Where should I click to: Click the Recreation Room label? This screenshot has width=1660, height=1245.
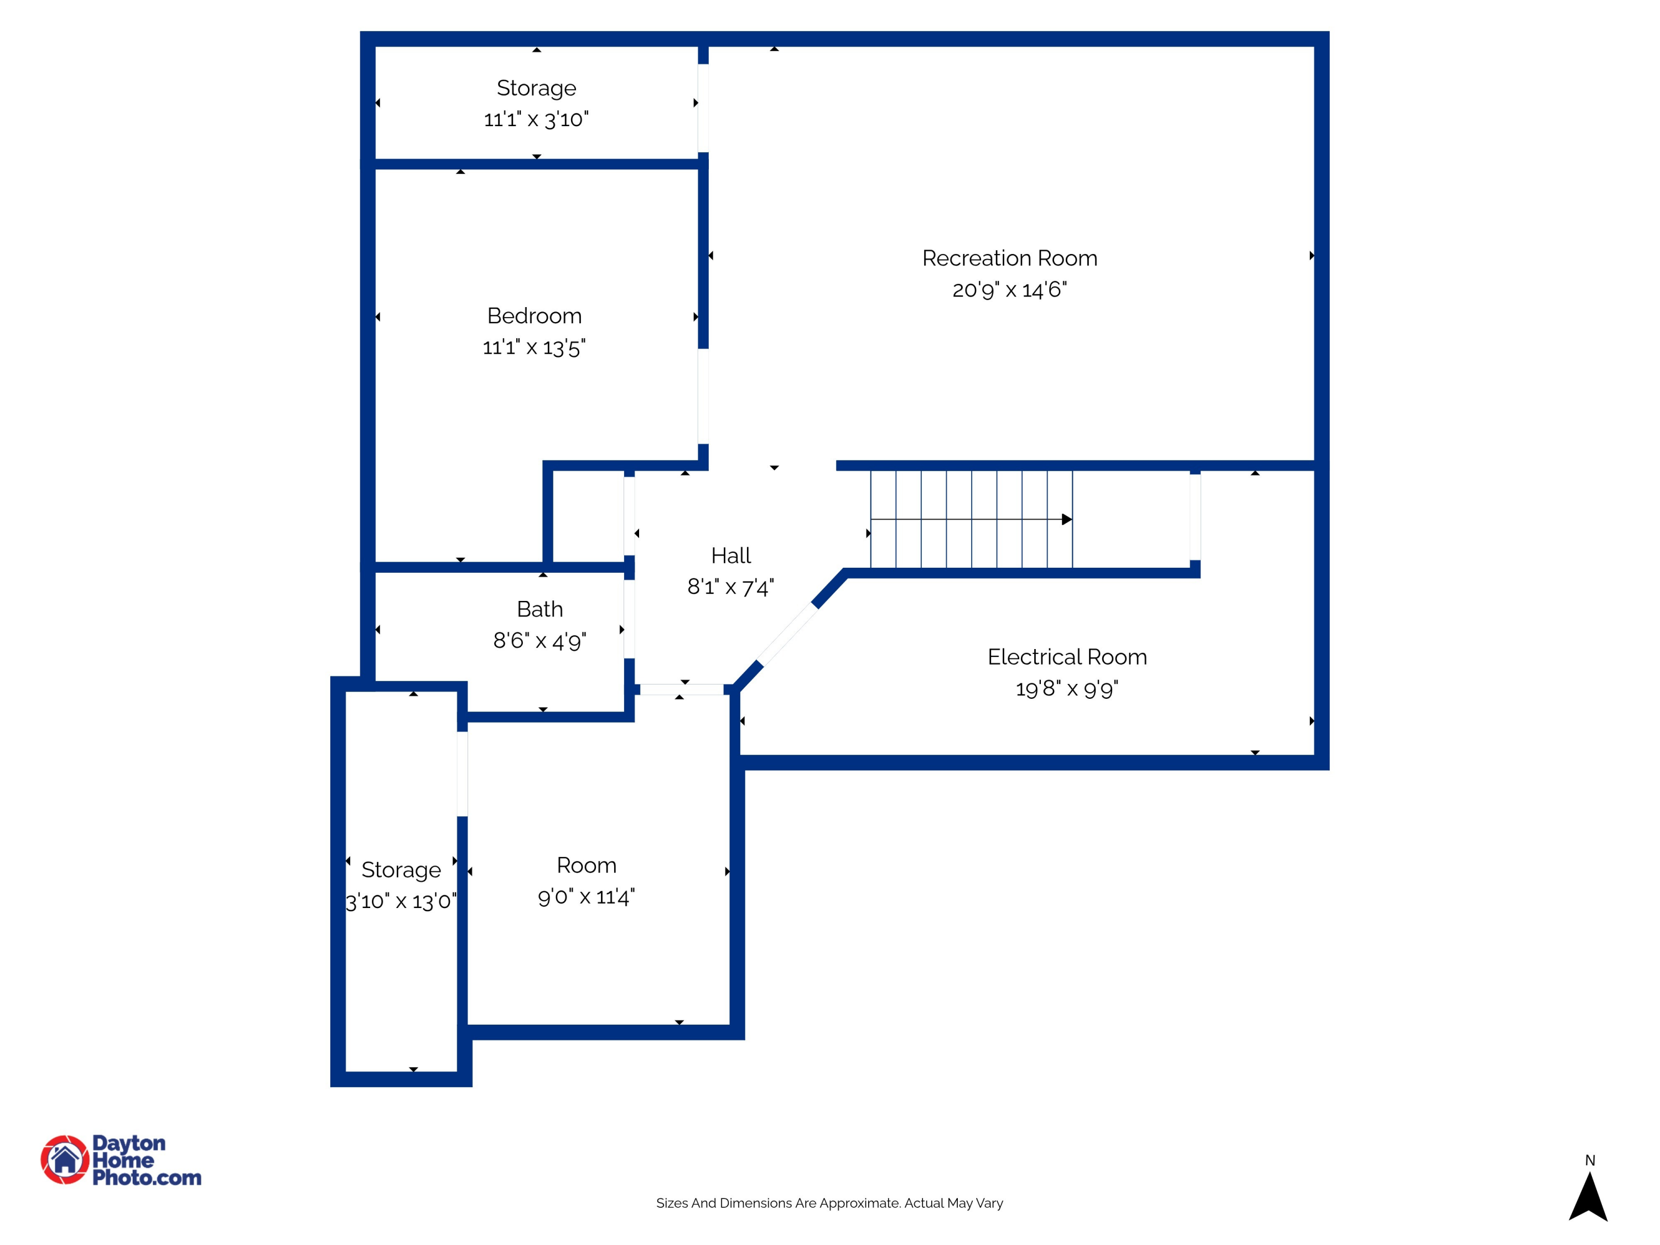pos(1009,258)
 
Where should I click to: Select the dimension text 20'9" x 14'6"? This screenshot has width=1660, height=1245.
pos(1009,290)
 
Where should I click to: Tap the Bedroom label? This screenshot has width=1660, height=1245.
pos(535,316)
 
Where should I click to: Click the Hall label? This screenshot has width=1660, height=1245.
pos(731,556)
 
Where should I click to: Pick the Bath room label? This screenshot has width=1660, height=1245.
pos(539,609)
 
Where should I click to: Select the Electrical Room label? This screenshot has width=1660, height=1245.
pos(1067,657)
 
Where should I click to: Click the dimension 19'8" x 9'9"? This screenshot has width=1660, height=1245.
pos(1067,689)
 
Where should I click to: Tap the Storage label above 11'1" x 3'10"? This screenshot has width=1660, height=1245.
pos(537,88)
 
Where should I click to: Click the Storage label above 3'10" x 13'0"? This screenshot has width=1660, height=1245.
pos(401,870)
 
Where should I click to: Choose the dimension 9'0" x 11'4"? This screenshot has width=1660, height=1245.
pos(586,897)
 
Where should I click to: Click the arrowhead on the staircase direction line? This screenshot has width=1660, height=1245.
pos(1066,520)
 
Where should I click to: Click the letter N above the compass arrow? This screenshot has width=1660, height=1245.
pos(1590,1160)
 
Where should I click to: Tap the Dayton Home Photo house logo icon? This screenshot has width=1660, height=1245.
pos(65,1159)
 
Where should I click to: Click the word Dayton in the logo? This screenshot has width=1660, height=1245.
pos(128,1143)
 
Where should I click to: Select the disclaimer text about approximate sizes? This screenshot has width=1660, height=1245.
pos(829,1203)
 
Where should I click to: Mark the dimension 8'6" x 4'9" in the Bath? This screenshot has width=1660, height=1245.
pos(539,641)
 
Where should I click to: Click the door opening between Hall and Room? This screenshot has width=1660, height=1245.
pos(681,689)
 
